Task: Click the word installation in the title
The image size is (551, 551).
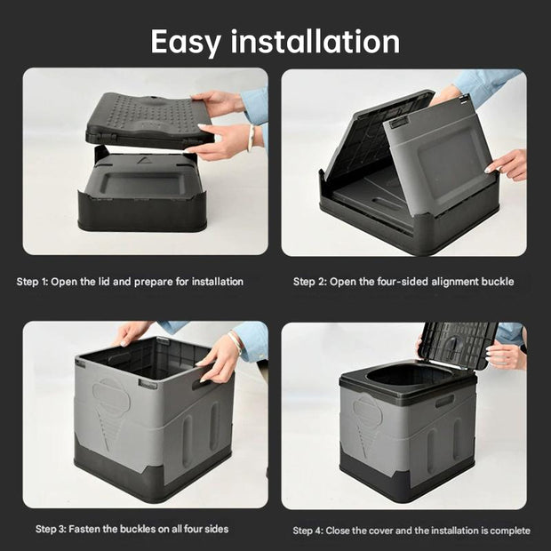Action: pyautogui.click(x=316, y=41)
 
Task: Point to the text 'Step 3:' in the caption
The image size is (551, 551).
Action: pyautogui.click(x=52, y=529)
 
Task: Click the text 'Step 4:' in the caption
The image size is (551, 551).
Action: pyautogui.click(x=309, y=531)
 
